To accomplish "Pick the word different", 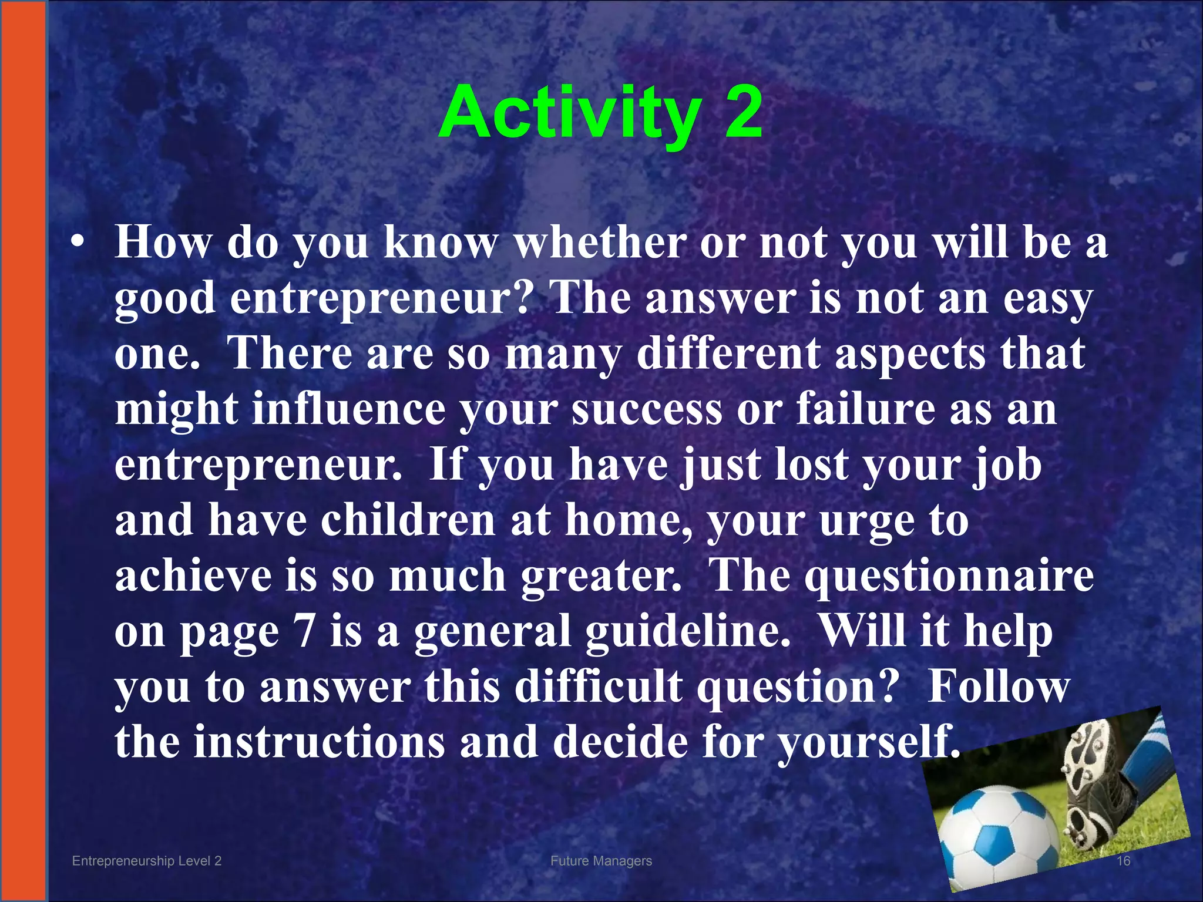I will coord(728,354).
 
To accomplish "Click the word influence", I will coord(349,409).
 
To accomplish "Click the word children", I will coord(408,520).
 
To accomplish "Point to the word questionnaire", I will coord(949,575).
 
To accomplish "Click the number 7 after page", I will coord(304,632).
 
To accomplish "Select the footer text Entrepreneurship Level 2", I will coord(146,861).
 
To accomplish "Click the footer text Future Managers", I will coord(601,861).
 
